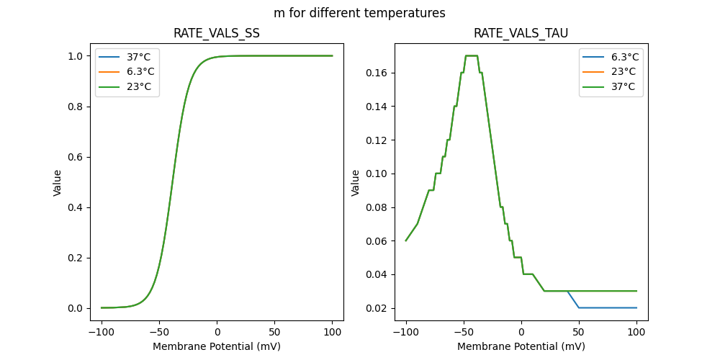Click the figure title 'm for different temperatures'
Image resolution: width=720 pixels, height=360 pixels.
(x=359, y=13)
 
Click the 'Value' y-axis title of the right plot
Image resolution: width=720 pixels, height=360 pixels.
(x=356, y=183)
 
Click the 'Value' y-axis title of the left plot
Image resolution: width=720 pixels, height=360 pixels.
(x=58, y=183)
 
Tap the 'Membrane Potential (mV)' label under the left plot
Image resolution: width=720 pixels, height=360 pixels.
(x=217, y=346)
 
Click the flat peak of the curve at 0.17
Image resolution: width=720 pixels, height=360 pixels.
(x=472, y=55)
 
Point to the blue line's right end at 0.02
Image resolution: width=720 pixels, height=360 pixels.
(x=636, y=307)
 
